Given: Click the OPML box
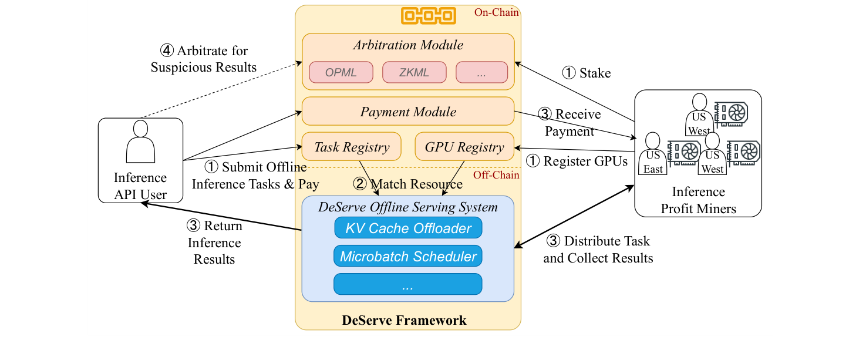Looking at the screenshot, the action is click(341, 72).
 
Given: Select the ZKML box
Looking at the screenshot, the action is click(414, 72).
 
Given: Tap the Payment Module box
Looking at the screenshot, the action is click(408, 112).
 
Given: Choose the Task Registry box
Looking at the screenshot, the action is click(352, 147).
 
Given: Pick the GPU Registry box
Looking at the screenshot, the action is click(464, 147).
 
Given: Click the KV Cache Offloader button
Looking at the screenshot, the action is click(408, 228).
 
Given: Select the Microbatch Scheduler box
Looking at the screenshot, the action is click(408, 256).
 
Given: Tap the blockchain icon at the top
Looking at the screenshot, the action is click(429, 16).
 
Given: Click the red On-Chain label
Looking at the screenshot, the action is click(496, 12).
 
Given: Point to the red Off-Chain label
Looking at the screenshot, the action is click(496, 175).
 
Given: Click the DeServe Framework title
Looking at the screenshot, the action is click(404, 320).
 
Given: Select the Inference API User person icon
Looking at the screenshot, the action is click(140, 141).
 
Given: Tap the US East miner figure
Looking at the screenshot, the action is click(653, 153).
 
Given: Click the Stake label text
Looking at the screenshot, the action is click(595, 73).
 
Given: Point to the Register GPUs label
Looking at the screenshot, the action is click(585, 162).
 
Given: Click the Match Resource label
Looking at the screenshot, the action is click(416, 184).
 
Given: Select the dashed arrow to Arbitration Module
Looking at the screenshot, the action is click(221, 90).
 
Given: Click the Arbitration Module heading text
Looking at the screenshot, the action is click(408, 45).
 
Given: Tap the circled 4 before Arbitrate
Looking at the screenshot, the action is click(167, 51).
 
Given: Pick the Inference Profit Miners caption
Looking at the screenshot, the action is click(698, 200).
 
